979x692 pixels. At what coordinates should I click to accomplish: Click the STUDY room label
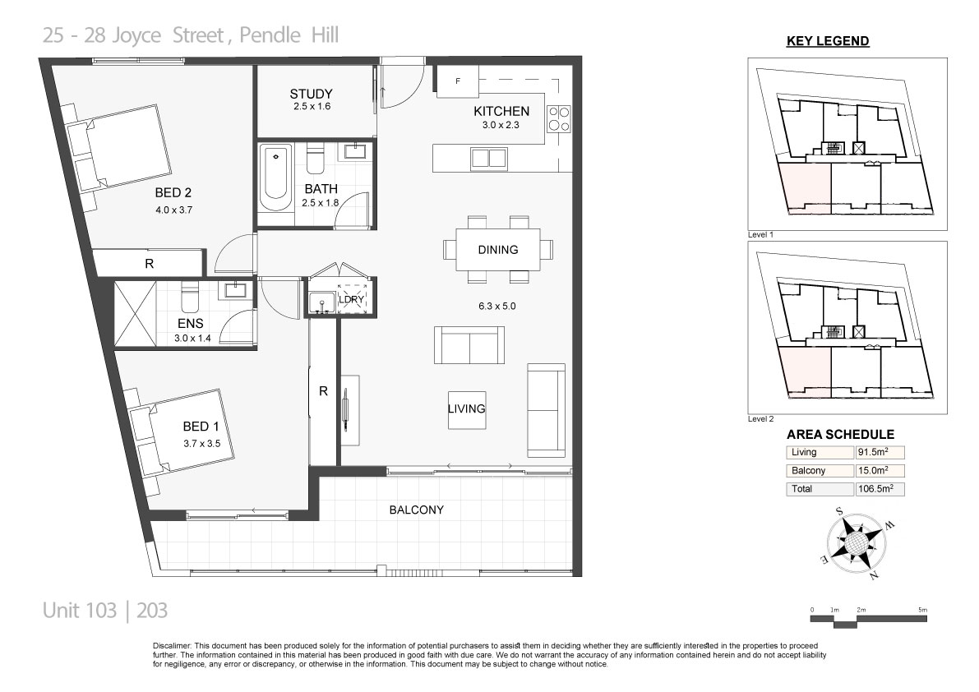[311, 95]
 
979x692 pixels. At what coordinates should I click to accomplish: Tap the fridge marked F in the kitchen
[458, 81]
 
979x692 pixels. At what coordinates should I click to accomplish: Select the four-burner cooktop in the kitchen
[559, 118]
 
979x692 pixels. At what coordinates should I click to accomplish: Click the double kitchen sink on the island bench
[488, 158]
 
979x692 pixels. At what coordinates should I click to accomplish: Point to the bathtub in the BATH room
[275, 178]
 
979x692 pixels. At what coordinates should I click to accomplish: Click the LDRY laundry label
[351, 299]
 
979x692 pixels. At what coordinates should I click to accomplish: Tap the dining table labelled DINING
[498, 250]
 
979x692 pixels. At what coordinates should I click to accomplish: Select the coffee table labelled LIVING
[467, 409]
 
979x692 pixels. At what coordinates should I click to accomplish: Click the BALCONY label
[417, 510]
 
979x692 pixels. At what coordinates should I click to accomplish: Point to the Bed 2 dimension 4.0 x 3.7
[174, 210]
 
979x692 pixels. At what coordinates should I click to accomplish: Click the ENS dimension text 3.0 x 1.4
[193, 339]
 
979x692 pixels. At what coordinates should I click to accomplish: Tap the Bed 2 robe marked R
[150, 263]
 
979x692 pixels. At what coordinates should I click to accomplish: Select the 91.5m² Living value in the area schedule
[873, 452]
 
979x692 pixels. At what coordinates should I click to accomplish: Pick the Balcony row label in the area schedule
[809, 470]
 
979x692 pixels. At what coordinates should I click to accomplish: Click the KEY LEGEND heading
[828, 41]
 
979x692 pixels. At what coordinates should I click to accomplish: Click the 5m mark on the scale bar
[923, 610]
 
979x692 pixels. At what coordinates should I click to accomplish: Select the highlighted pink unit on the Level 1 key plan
[805, 184]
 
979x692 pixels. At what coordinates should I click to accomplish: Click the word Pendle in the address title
[270, 35]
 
